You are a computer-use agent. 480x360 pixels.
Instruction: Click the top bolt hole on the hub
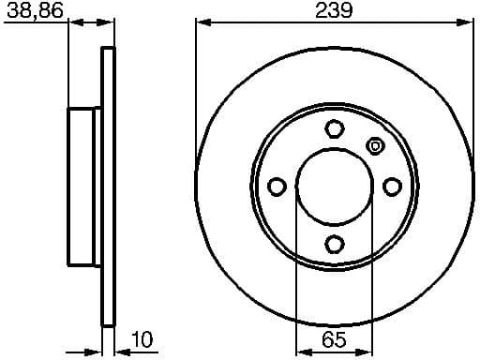[x=335, y=128]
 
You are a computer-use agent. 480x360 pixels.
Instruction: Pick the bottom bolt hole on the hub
[x=335, y=245]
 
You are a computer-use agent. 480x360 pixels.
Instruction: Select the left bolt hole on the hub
[x=277, y=187]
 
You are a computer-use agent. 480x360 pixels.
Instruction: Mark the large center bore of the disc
[x=335, y=187]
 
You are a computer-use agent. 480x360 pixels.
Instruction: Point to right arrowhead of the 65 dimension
[x=367, y=352]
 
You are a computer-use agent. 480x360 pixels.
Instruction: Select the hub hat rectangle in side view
[x=84, y=187]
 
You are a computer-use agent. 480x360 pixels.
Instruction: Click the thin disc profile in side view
[x=108, y=187]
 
